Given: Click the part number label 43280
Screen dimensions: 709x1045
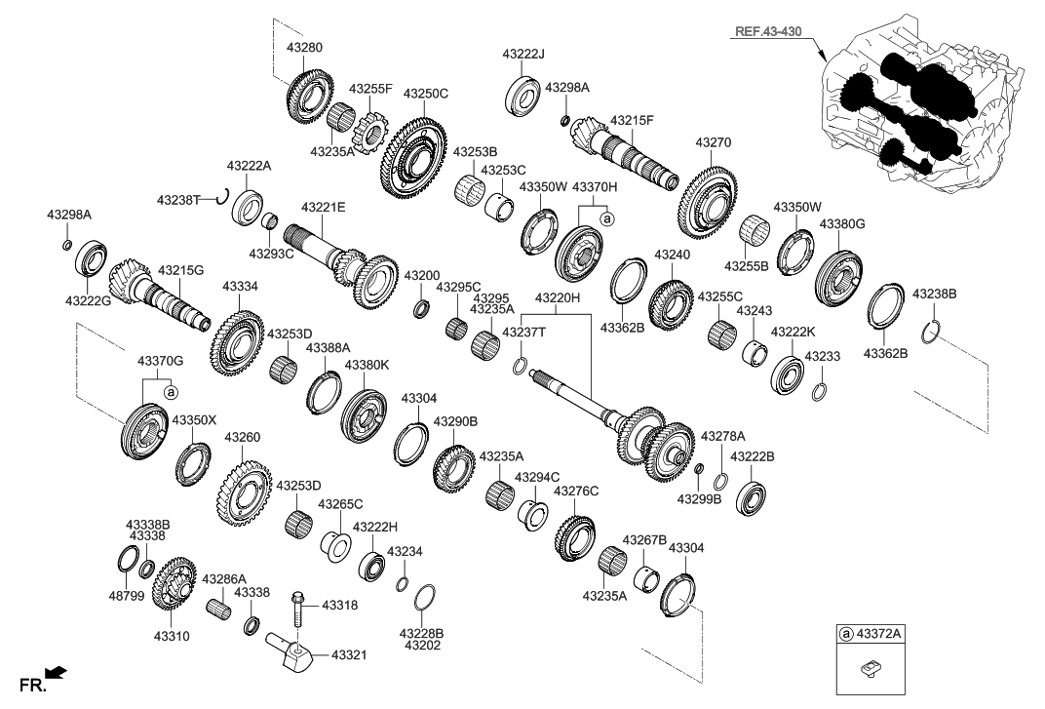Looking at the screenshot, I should point(304,47).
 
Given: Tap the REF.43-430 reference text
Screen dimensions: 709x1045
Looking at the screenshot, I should point(769,33).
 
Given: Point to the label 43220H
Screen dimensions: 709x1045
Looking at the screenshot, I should point(558,297).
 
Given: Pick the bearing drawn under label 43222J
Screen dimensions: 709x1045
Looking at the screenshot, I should point(522,93).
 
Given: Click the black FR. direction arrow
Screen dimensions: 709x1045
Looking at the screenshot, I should point(57,671).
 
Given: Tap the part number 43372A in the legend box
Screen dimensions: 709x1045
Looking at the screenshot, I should point(879,635).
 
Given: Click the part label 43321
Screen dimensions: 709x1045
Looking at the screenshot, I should point(349,654).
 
